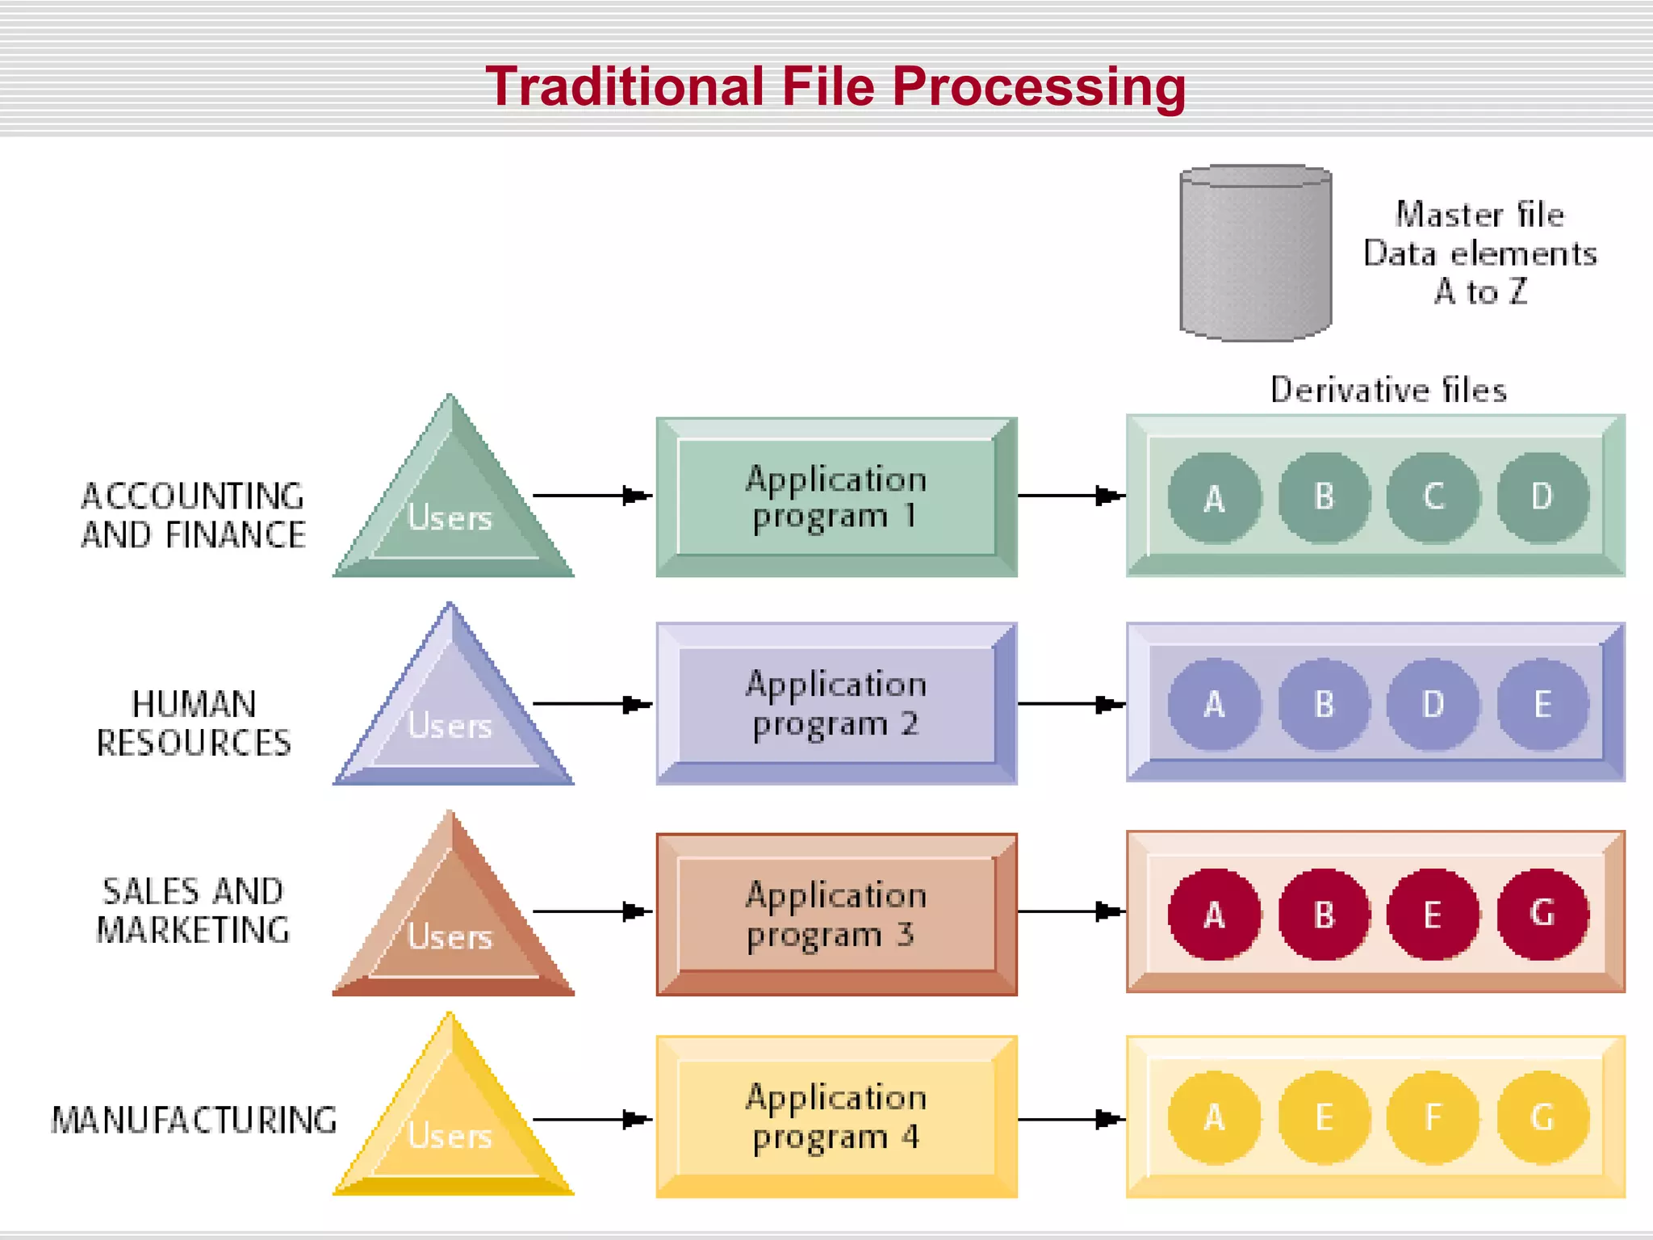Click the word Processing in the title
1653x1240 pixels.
pos(1039,87)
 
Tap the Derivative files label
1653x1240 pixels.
pos(1388,390)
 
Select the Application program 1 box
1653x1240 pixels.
pos(836,496)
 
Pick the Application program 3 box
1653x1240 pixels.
pos(836,914)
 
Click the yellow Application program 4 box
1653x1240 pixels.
pos(836,1117)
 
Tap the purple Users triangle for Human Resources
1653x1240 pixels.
pos(453,714)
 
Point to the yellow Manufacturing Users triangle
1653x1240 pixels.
pos(453,1126)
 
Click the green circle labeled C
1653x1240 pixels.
pos(1433,496)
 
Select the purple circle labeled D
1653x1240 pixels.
pos(1433,704)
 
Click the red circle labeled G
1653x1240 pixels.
pos(1542,914)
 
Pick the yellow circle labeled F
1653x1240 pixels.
pos(1433,1117)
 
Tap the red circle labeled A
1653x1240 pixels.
pos(1215,914)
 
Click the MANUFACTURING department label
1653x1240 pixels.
pos(194,1120)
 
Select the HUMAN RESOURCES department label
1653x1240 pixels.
pos(194,723)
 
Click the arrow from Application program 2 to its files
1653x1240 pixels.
pos(1071,704)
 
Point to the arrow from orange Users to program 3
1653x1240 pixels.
pos(592,911)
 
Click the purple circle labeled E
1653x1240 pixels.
pos(1542,704)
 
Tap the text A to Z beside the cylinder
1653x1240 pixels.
pos(1480,292)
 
